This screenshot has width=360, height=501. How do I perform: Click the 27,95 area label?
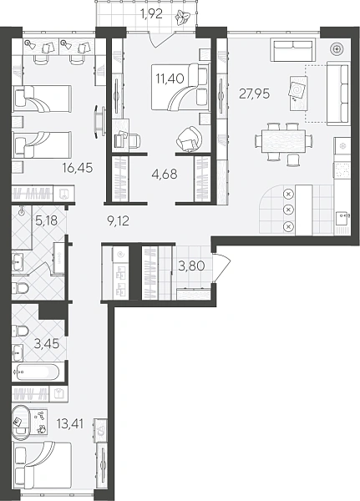(255, 94)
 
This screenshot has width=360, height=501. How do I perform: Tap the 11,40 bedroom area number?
(170, 78)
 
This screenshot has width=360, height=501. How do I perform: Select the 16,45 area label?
(78, 167)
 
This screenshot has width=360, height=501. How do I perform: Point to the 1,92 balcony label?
(151, 14)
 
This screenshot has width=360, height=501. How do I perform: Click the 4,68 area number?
(165, 175)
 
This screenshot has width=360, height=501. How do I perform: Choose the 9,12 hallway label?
(118, 220)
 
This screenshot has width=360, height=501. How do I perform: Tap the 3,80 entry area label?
(191, 266)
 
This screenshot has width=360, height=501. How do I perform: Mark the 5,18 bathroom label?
(47, 220)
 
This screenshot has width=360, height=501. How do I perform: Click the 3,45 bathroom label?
(47, 344)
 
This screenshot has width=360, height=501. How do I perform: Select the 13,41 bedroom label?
(69, 424)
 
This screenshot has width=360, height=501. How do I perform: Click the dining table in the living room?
(283, 141)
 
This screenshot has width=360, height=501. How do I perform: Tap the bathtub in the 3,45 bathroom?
(36, 372)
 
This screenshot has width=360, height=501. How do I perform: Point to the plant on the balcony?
(184, 17)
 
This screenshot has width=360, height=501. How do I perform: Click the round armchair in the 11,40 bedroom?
(190, 139)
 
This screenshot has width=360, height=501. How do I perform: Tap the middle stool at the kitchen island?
(288, 210)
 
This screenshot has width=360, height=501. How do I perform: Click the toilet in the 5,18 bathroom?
(20, 289)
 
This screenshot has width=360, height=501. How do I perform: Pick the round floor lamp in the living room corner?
(337, 49)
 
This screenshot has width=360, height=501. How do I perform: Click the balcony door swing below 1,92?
(165, 38)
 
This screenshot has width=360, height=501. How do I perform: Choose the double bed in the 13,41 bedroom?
(42, 466)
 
